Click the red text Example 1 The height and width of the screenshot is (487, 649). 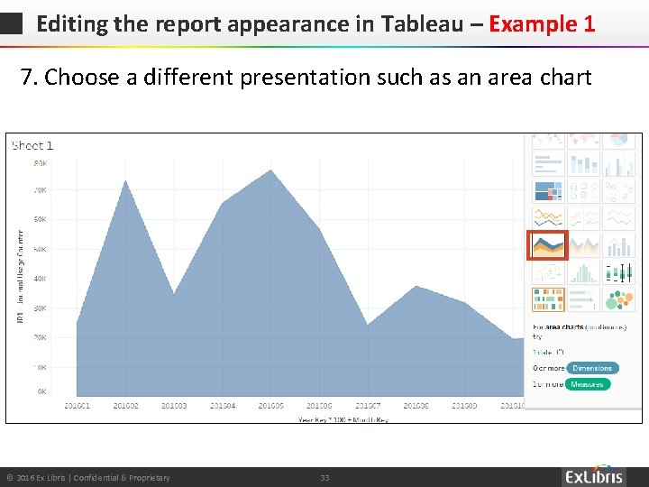542,23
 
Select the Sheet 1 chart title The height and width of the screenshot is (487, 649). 32,145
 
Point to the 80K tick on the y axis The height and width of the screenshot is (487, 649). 41,163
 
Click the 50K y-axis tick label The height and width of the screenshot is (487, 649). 41,249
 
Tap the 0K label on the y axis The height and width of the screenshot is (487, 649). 42,392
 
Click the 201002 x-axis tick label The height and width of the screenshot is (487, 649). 126,407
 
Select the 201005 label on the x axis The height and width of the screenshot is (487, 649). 270,407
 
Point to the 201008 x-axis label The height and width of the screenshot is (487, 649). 416,407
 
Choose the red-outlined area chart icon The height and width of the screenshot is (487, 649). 547,245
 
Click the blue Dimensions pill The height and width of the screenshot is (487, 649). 592,368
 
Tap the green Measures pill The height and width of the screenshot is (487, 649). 588,384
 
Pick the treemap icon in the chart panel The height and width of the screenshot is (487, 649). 547,191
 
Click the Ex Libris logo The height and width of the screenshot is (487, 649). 594,476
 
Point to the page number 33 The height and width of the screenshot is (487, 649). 324,477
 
